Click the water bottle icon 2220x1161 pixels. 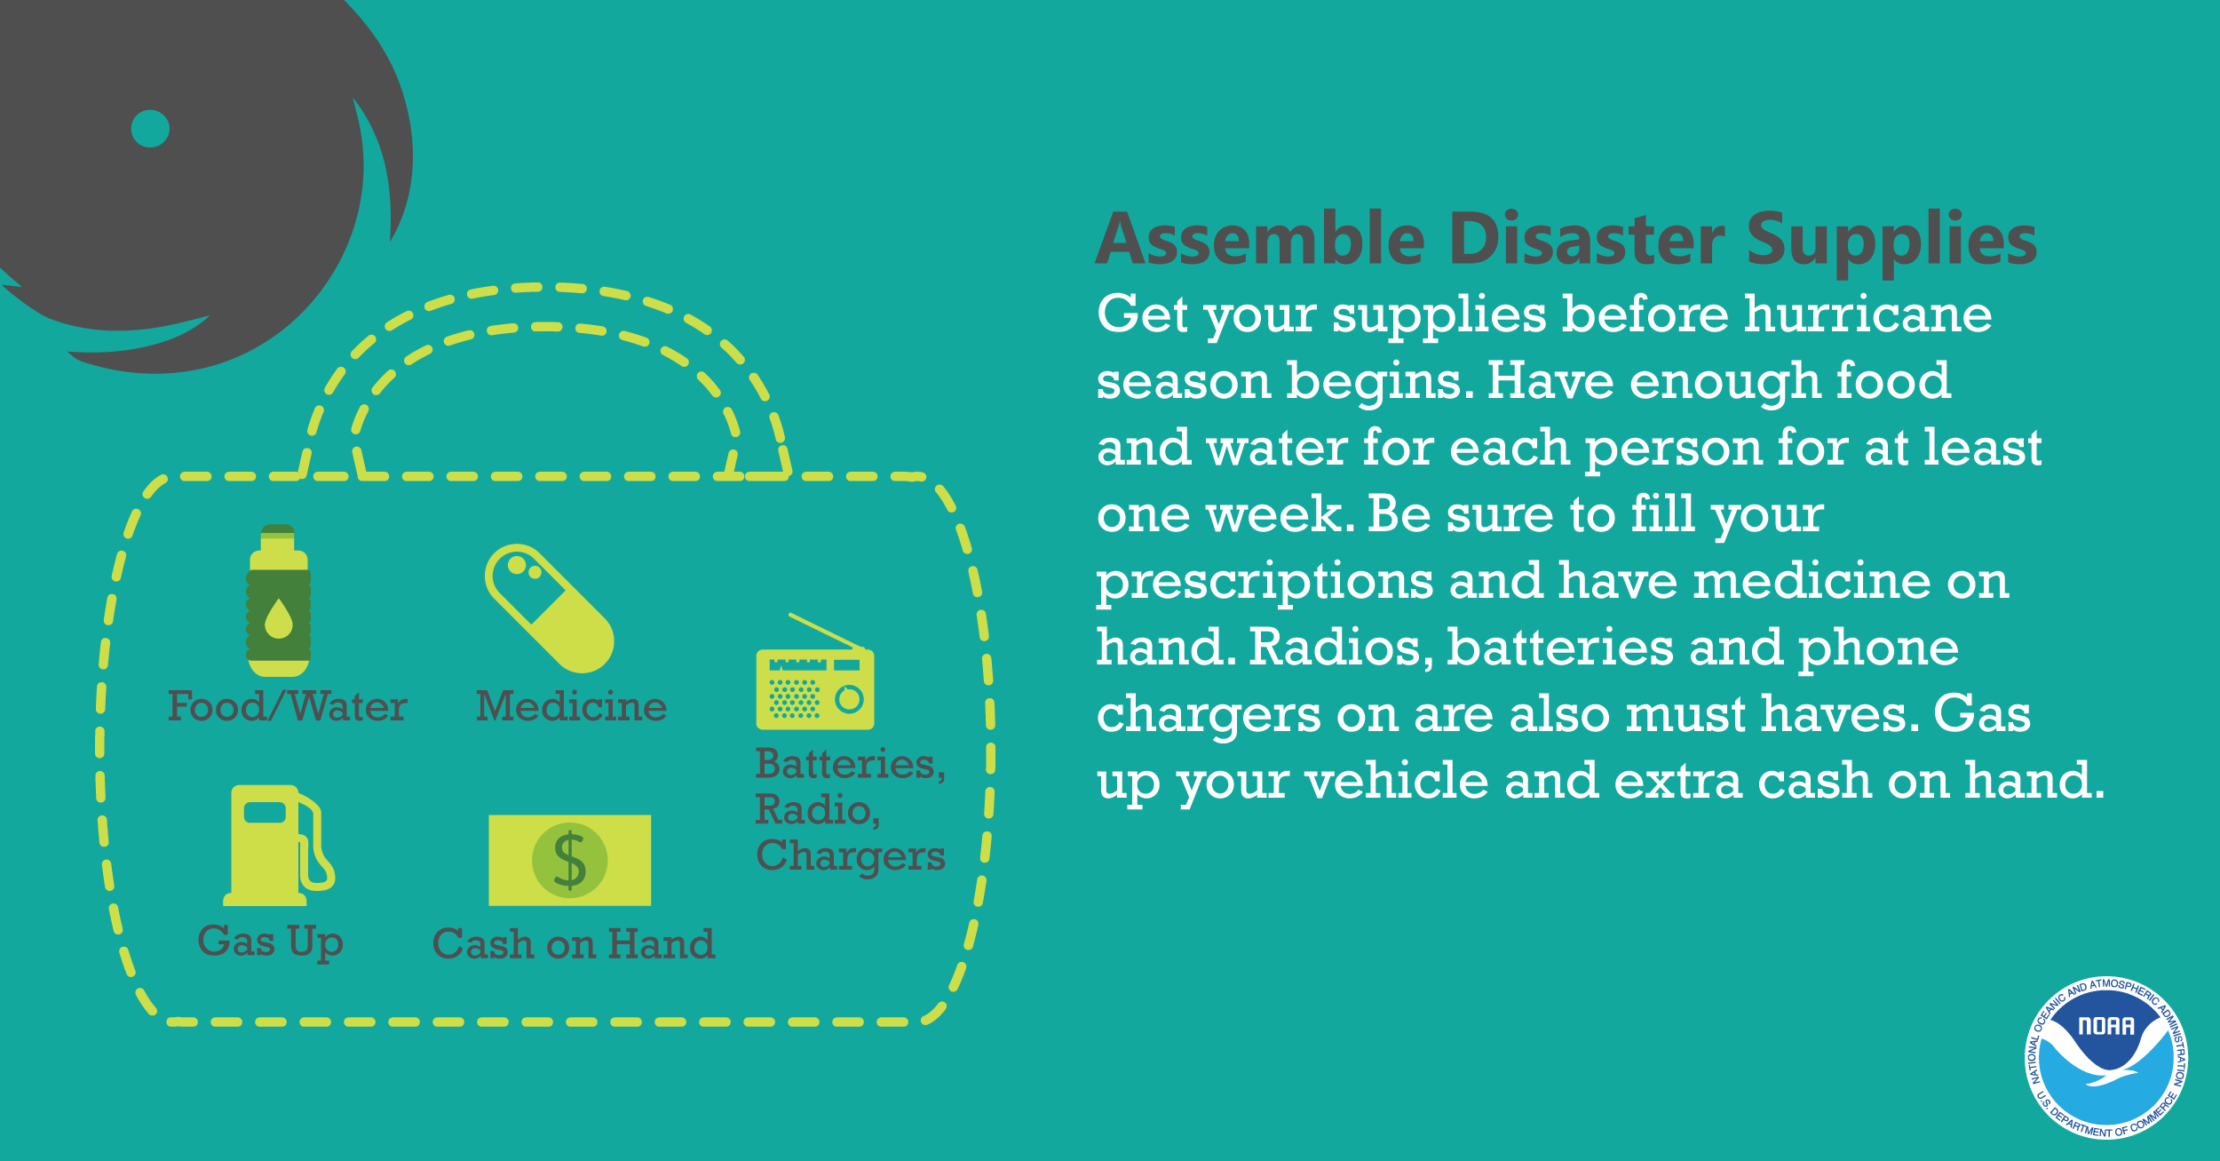coord(279,600)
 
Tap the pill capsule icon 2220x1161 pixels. coord(550,608)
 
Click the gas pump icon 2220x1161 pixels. coord(279,845)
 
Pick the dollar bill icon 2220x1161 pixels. coord(570,860)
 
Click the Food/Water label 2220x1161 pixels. coord(287,706)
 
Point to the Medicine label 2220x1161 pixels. coord(571,706)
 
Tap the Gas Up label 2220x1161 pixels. coord(270,942)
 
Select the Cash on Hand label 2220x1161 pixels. coord(574,943)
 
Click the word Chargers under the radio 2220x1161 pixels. coord(851,855)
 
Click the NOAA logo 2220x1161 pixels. coord(2106,1056)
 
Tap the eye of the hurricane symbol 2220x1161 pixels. coord(150,129)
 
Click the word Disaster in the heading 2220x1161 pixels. coord(1587,239)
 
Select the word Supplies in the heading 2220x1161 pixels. coord(1891,240)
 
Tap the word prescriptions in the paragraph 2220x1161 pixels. coord(1265,583)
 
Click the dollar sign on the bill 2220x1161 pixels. coord(570,860)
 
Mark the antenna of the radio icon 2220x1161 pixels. coord(827,632)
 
